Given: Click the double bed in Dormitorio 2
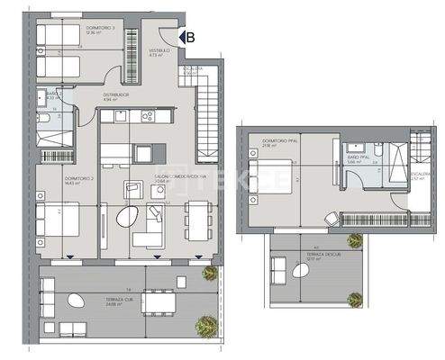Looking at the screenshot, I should click(56, 220).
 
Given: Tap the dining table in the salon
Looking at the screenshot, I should click(193, 217).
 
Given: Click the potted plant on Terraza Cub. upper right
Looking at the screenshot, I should click(210, 273).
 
